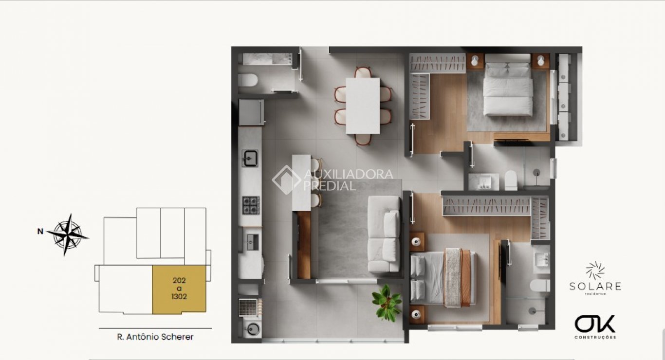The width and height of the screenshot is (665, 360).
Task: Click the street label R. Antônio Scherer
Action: coord(155,337)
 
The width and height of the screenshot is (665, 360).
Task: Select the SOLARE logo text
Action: coord(595,286)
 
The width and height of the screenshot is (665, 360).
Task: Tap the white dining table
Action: coord(363,106)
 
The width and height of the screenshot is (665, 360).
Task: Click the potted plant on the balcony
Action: coord(388,303)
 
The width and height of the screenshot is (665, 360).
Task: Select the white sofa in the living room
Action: coord(384,234)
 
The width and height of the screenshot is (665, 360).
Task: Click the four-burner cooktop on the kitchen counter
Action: coord(251,205)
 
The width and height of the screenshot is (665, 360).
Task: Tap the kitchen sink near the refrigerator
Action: coord(250,158)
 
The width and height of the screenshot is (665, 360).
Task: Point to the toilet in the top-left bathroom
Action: coord(247,79)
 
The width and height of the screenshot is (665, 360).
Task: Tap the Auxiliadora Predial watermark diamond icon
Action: coord(286,180)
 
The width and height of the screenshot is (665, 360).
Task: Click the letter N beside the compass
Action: coord(40,232)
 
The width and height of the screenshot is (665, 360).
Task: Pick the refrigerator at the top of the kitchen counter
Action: coord(251,112)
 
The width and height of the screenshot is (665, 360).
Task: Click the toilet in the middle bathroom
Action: coord(511,180)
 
